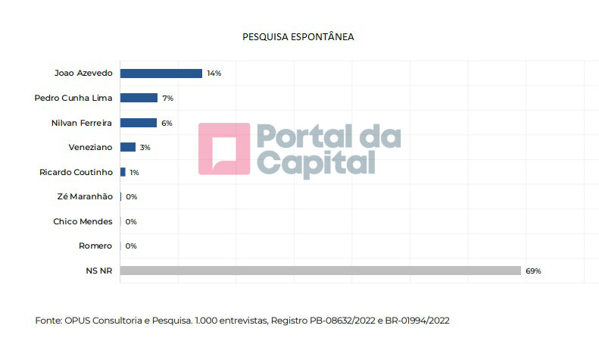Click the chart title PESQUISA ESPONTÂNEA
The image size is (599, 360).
298,36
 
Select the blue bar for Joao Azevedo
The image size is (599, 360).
161,74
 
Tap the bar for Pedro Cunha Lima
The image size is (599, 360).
139,98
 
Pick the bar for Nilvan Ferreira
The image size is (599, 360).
138,123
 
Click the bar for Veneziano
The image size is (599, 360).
127,147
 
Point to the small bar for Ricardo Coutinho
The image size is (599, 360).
123,172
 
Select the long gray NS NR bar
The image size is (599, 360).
320,271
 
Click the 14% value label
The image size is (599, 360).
214,74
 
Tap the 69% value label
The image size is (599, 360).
533,271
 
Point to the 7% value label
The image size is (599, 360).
168,99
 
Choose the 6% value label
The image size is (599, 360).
167,123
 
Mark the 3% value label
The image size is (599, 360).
145,148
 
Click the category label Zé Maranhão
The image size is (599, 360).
85,197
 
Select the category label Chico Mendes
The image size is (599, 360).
83,221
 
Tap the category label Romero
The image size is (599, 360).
95,246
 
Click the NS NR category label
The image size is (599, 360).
99,271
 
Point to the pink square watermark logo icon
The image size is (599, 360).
224,149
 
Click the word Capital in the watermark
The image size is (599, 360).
317,164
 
